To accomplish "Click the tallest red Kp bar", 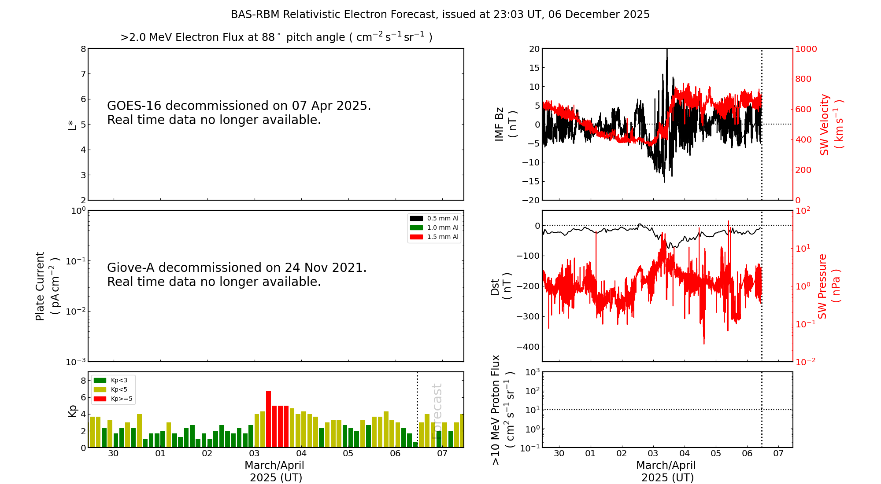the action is point(268,419).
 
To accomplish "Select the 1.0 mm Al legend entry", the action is point(434,227).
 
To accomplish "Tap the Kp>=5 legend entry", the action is point(113,399).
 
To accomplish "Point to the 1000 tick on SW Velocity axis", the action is point(806,49).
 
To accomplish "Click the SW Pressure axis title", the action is point(829,286).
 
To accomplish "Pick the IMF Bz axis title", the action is point(506,124).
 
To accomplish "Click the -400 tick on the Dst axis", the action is point(527,347).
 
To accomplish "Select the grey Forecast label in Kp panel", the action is point(437,411).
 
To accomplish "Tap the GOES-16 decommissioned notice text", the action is point(239,113).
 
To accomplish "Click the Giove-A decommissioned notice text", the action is point(237,275).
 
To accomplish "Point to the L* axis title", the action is point(72,125).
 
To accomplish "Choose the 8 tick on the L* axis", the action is point(83,49).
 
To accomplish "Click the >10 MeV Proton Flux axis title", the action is point(503,410).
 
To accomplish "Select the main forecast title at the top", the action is point(440,15).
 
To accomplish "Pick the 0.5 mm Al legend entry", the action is point(434,218).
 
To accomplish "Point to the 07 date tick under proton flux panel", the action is point(778,454).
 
